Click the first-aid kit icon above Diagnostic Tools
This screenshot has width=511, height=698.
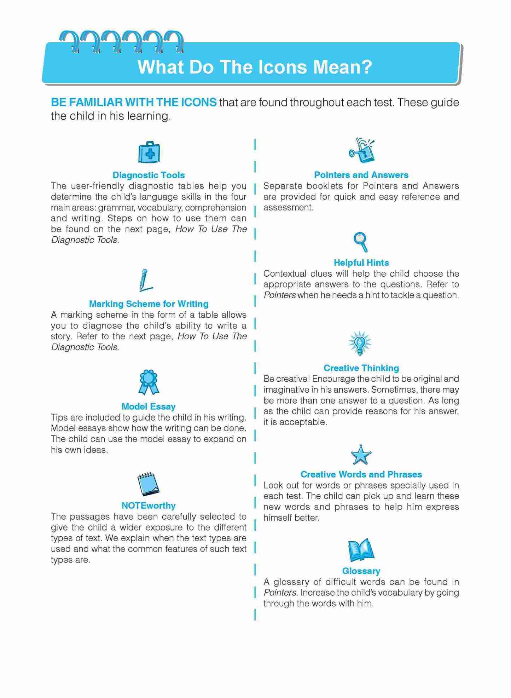(149, 152)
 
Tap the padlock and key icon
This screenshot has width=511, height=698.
(361, 151)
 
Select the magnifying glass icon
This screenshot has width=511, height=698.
(361, 242)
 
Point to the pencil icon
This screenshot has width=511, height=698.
(145, 280)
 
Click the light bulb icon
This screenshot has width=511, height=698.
(360, 343)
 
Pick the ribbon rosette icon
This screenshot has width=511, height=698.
(149, 382)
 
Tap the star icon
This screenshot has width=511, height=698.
(361, 455)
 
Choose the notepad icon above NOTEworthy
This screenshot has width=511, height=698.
(148, 484)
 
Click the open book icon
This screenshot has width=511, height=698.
(361, 550)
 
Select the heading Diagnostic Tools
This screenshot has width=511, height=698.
(149, 175)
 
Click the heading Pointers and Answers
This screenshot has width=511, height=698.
(361, 175)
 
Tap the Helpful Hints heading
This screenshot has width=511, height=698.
(361, 263)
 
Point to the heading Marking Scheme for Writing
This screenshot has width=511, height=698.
(149, 304)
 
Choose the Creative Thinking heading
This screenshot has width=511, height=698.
(361, 368)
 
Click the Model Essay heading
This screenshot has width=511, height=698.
(149, 406)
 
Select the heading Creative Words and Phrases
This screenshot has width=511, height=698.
(361, 474)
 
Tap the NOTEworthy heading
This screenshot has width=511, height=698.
(149, 506)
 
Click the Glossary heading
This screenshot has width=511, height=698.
(361, 571)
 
